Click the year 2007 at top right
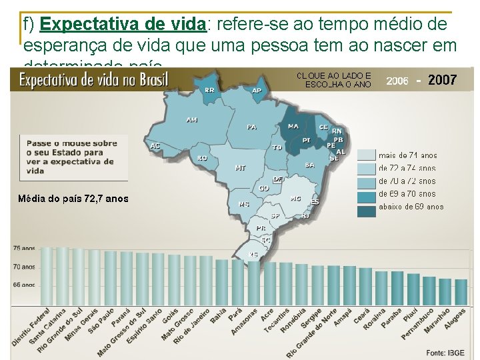tap(442, 80)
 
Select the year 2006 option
tap(397, 81)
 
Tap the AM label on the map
tap(191, 120)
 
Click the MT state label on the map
tap(240, 168)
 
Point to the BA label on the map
tap(309, 165)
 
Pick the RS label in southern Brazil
tap(253, 255)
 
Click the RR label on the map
tap(209, 89)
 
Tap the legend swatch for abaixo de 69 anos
tap(366, 211)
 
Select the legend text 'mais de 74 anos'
tap(407, 155)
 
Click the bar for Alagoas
tap(461, 291)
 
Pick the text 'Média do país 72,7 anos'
tap(73, 199)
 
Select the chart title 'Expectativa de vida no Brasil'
tap(93, 81)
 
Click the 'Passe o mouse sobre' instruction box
tap(73, 157)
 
